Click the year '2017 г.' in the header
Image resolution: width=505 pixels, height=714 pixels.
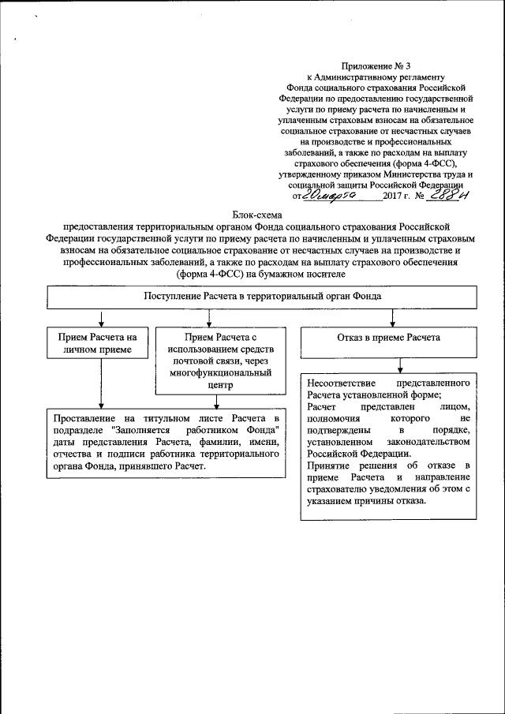397,195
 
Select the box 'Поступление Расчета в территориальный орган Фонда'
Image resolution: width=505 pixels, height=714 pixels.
262,296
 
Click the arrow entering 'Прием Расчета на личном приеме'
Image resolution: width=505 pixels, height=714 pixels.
99,318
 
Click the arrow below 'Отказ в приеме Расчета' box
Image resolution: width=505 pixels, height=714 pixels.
402,364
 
